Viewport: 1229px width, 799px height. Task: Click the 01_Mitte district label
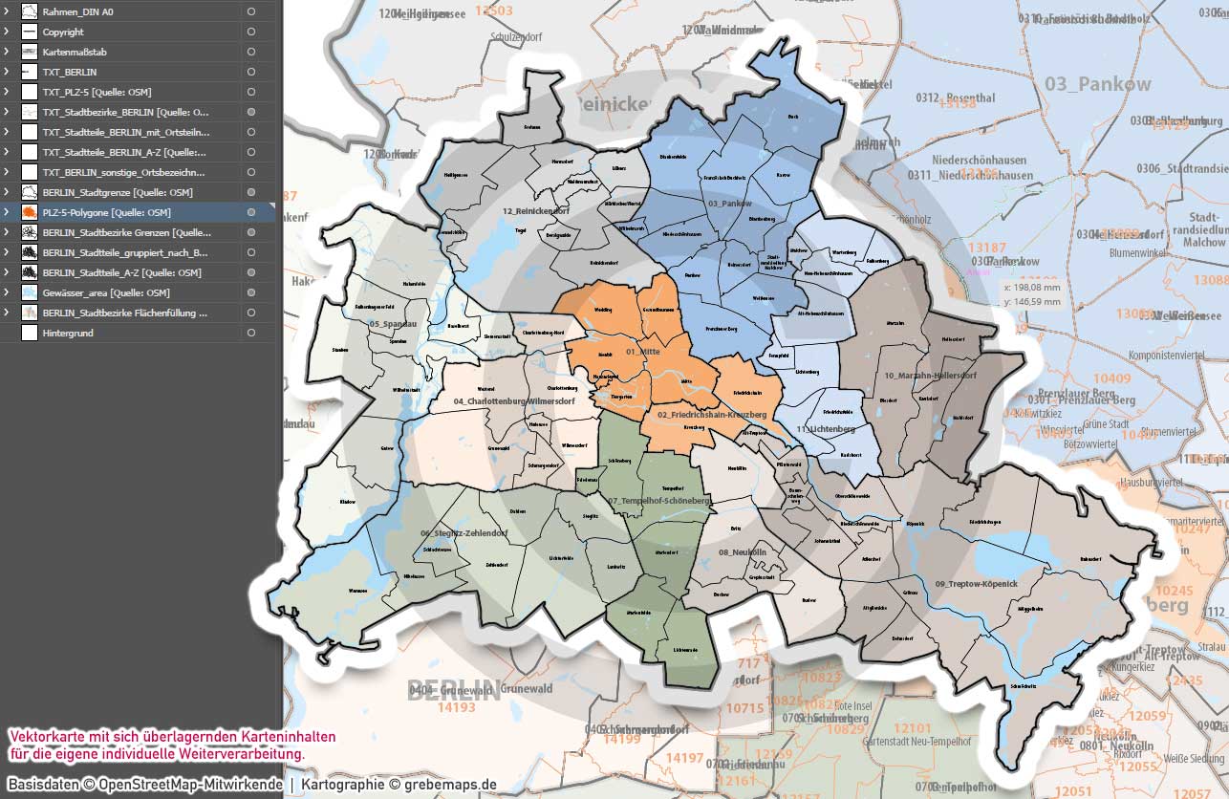point(643,352)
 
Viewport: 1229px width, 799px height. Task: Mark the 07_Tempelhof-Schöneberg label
point(658,501)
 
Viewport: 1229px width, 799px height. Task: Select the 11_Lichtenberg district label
point(824,429)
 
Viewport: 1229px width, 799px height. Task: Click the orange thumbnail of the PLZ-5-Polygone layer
point(29,212)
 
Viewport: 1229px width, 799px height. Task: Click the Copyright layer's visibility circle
point(250,32)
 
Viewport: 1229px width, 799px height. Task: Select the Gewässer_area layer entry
point(106,292)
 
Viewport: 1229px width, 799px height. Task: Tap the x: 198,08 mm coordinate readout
point(1032,287)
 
